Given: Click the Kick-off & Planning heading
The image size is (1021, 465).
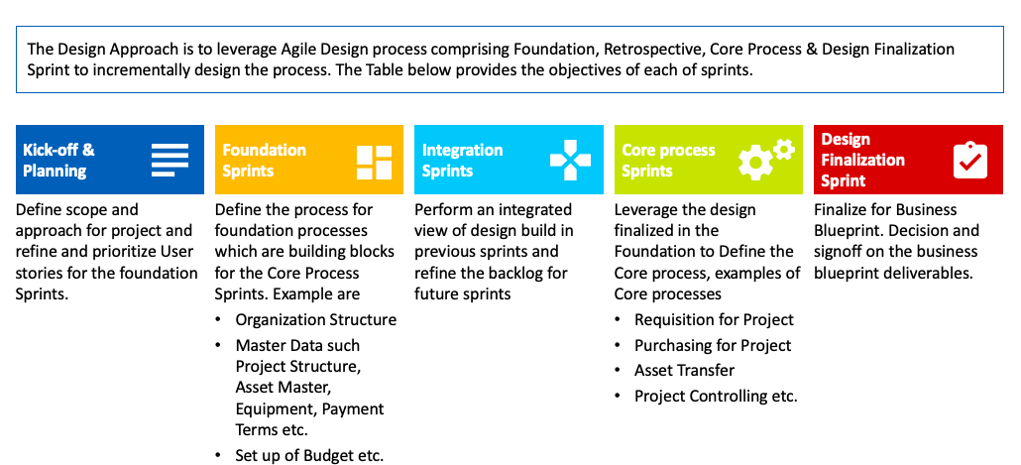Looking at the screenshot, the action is pyautogui.click(x=58, y=161).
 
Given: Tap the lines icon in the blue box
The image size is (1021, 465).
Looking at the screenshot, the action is pyautogui.click(x=170, y=161).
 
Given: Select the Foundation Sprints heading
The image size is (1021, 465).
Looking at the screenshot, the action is pyautogui.click(x=264, y=161).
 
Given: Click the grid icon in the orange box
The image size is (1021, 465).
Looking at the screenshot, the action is pyautogui.click(x=375, y=163).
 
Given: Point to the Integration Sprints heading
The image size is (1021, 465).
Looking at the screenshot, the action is pyautogui.click(x=462, y=161).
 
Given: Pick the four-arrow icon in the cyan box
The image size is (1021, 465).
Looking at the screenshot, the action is pyautogui.click(x=570, y=160).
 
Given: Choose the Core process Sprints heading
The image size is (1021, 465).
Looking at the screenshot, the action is pyautogui.click(x=668, y=161).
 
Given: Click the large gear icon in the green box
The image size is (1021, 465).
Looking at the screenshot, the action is pyautogui.click(x=755, y=163).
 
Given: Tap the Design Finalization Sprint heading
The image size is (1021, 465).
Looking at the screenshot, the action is pyautogui.click(x=862, y=160).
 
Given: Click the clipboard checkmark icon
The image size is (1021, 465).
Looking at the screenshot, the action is pyautogui.click(x=970, y=160).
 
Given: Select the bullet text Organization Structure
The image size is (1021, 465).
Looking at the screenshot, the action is pyautogui.click(x=316, y=320).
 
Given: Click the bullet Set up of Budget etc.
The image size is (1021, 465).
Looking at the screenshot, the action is pyautogui.click(x=309, y=455).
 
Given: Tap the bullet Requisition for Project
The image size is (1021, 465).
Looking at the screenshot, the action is pyautogui.click(x=715, y=320).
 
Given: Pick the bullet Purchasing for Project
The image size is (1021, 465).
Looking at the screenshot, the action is pyautogui.click(x=713, y=345).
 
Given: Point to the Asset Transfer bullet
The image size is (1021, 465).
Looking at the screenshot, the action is pyautogui.click(x=684, y=371).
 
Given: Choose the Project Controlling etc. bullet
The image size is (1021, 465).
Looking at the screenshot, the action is pyautogui.click(x=717, y=396).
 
